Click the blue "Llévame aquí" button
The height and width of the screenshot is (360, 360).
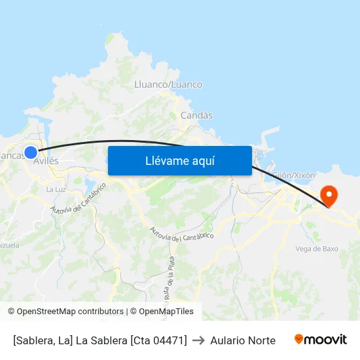click(179, 160)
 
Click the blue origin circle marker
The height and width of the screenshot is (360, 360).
click(31, 153)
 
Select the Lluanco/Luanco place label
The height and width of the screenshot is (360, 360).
click(168, 84)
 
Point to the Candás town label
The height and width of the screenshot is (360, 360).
click(196, 115)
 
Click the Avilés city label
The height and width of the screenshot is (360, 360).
click(46, 161)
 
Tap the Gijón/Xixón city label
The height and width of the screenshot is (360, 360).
click(293, 175)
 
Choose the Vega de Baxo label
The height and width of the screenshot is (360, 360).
click(317, 249)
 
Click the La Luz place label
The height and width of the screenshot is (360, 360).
click(55, 189)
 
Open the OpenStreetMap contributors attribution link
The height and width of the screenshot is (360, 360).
click(65, 312)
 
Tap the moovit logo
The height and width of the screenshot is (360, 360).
click(320, 340)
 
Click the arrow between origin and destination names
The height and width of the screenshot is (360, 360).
click(198, 340)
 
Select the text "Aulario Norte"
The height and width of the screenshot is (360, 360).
click(243, 340)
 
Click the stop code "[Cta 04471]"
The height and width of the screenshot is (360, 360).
click(158, 340)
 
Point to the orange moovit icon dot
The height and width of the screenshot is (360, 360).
click(299, 339)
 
